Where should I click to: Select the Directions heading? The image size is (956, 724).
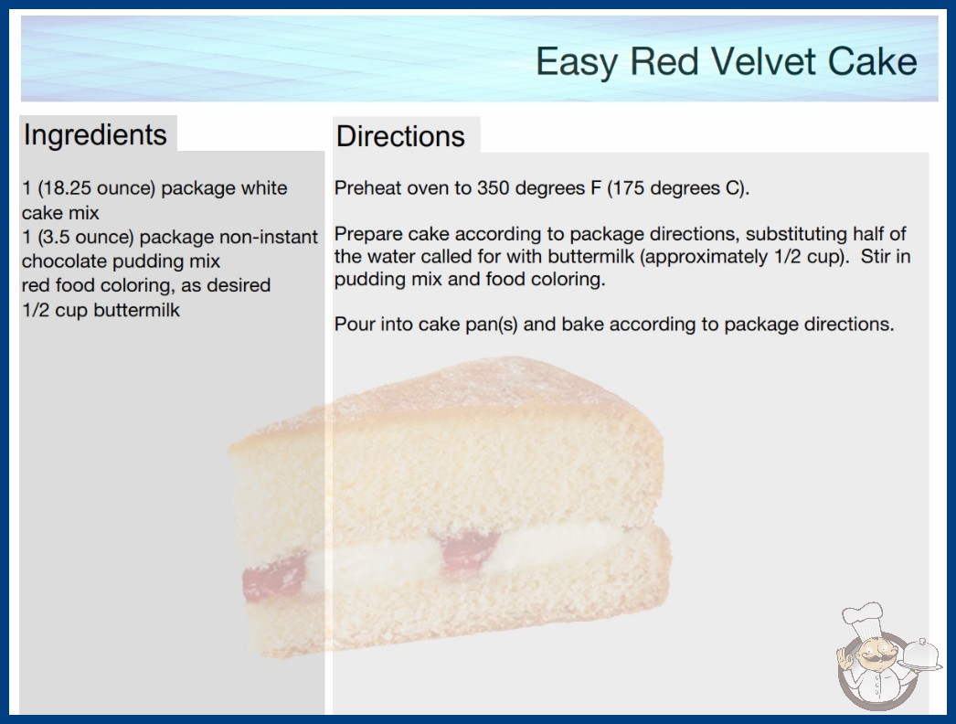400,136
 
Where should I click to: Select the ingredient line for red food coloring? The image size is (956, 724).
146,285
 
